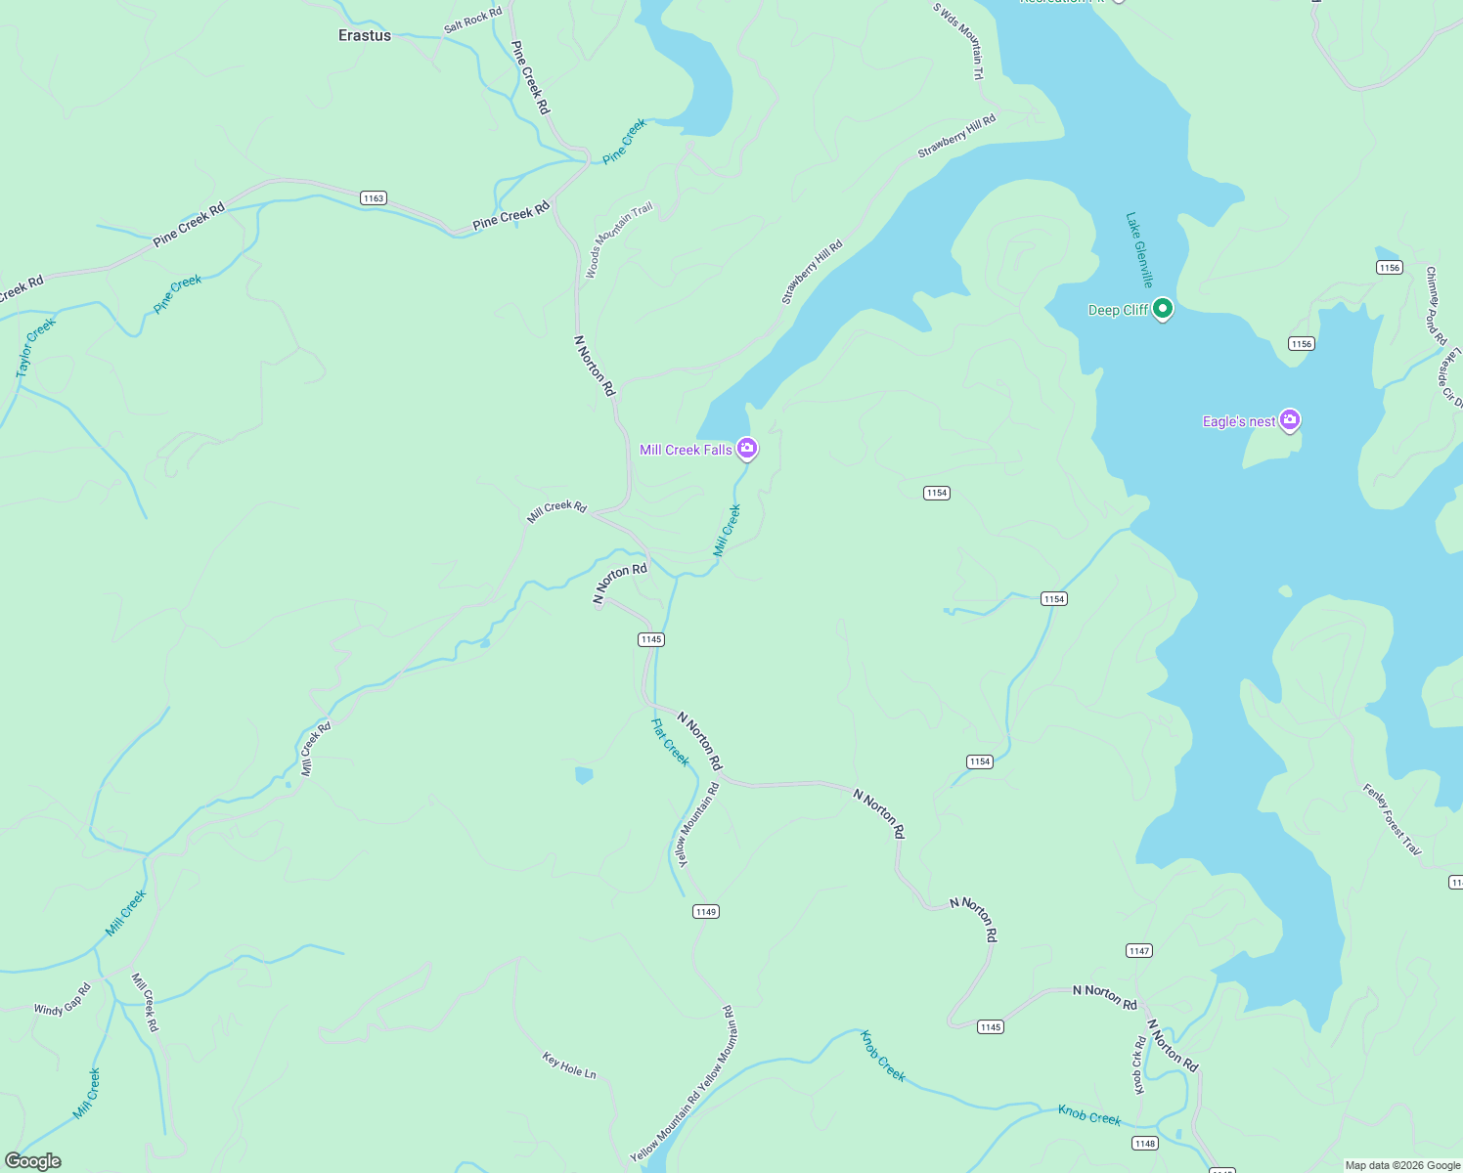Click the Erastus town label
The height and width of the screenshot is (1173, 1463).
(365, 35)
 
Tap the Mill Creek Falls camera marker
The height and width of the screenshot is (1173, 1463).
(747, 449)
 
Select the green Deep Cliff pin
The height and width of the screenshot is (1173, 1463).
(1162, 309)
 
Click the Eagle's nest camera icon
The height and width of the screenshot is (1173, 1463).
(1290, 420)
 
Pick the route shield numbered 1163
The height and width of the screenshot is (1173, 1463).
(373, 197)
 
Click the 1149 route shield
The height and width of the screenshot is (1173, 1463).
(706, 911)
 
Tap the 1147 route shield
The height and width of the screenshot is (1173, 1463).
(1139, 950)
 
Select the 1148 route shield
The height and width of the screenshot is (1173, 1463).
(1144, 1143)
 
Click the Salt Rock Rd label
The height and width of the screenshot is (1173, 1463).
(472, 20)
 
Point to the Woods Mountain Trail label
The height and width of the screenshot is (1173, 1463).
(618, 240)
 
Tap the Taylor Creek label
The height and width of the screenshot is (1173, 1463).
(36, 347)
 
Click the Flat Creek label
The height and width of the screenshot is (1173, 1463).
(671, 742)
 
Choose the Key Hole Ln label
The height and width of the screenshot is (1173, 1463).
(569, 1064)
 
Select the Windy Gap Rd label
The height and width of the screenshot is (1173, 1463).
(63, 1000)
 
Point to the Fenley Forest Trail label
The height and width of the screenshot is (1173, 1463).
(1392, 819)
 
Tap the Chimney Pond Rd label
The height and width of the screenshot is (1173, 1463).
(1436, 305)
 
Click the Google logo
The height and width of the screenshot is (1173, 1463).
(32, 1160)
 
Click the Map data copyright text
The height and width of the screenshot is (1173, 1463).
(1402, 1165)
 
